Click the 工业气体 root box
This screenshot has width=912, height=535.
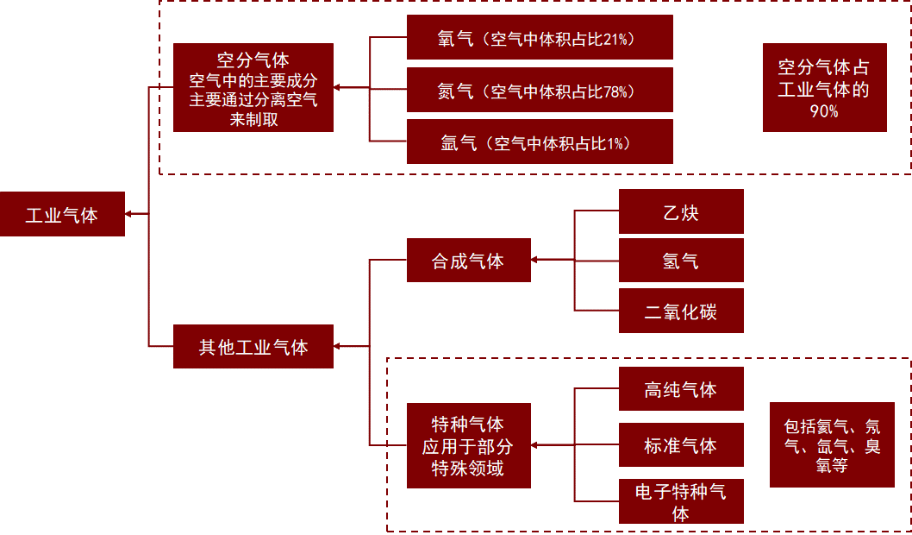pos(62,214)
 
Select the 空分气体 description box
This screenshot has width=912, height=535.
pos(253,87)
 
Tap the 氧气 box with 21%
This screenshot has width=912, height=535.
pos(540,37)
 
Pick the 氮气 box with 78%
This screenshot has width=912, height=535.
pos(540,90)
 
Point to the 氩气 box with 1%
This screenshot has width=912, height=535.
pos(540,142)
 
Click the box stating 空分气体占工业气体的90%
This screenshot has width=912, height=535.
pos(825,87)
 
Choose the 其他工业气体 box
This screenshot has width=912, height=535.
pos(253,346)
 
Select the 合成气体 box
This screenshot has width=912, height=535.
pos(469,261)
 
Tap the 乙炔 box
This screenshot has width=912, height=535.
pos(681,211)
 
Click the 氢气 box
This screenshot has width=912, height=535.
pos(681,261)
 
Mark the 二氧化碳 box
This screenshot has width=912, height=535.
pos(681,311)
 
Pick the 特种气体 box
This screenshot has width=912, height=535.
pos(469,445)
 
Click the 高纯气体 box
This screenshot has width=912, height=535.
pos(681,389)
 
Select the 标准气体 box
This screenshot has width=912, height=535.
pos(681,444)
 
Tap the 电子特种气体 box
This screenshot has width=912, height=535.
pos(681,501)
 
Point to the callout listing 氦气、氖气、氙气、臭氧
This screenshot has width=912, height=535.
pos(832,444)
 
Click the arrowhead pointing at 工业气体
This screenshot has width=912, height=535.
pos(128,214)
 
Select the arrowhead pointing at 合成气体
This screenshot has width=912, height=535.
pos(534,260)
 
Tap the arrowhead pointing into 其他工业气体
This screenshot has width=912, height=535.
pos(337,346)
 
